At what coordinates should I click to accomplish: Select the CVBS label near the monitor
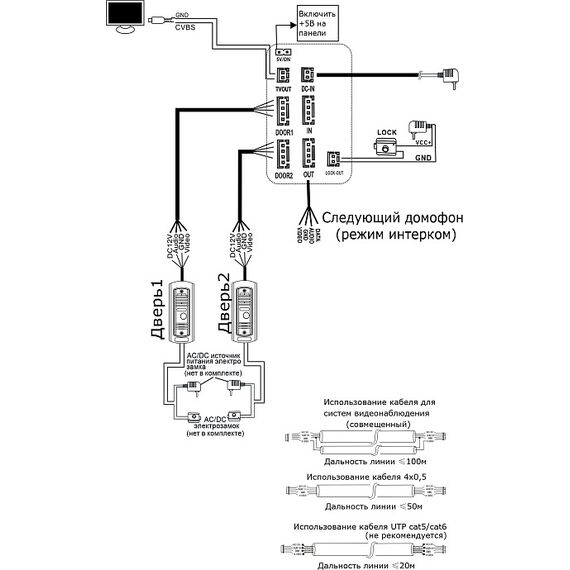[x=185, y=29]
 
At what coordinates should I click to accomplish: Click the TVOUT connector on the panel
[x=283, y=74]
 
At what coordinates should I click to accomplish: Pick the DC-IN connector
[x=308, y=74]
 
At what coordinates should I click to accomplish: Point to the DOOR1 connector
[x=283, y=110]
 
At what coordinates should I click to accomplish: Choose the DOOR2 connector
[x=283, y=155]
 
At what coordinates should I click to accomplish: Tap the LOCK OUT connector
[x=334, y=157]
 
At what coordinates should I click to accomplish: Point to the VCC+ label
[x=422, y=142]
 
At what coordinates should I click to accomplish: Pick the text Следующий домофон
[x=385, y=217]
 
